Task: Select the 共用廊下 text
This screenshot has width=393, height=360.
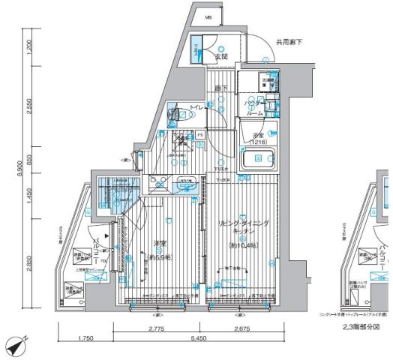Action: tap(289, 42)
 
